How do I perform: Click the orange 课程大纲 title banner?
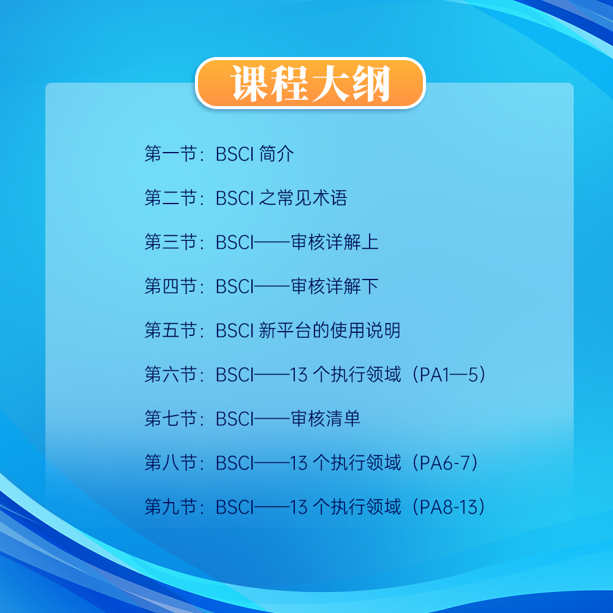pos(310,83)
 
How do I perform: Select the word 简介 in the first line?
pos(276,154)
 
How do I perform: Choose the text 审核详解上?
pos(335,242)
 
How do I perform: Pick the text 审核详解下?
pos(335,286)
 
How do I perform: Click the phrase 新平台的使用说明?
pos(330,330)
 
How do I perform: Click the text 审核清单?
pos(326,419)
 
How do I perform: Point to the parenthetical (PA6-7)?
pos(447,463)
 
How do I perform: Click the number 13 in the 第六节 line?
pos(299,375)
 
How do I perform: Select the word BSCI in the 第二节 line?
pos(234,198)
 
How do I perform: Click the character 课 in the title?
pos(250,83)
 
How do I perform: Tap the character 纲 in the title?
pos(370,83)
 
